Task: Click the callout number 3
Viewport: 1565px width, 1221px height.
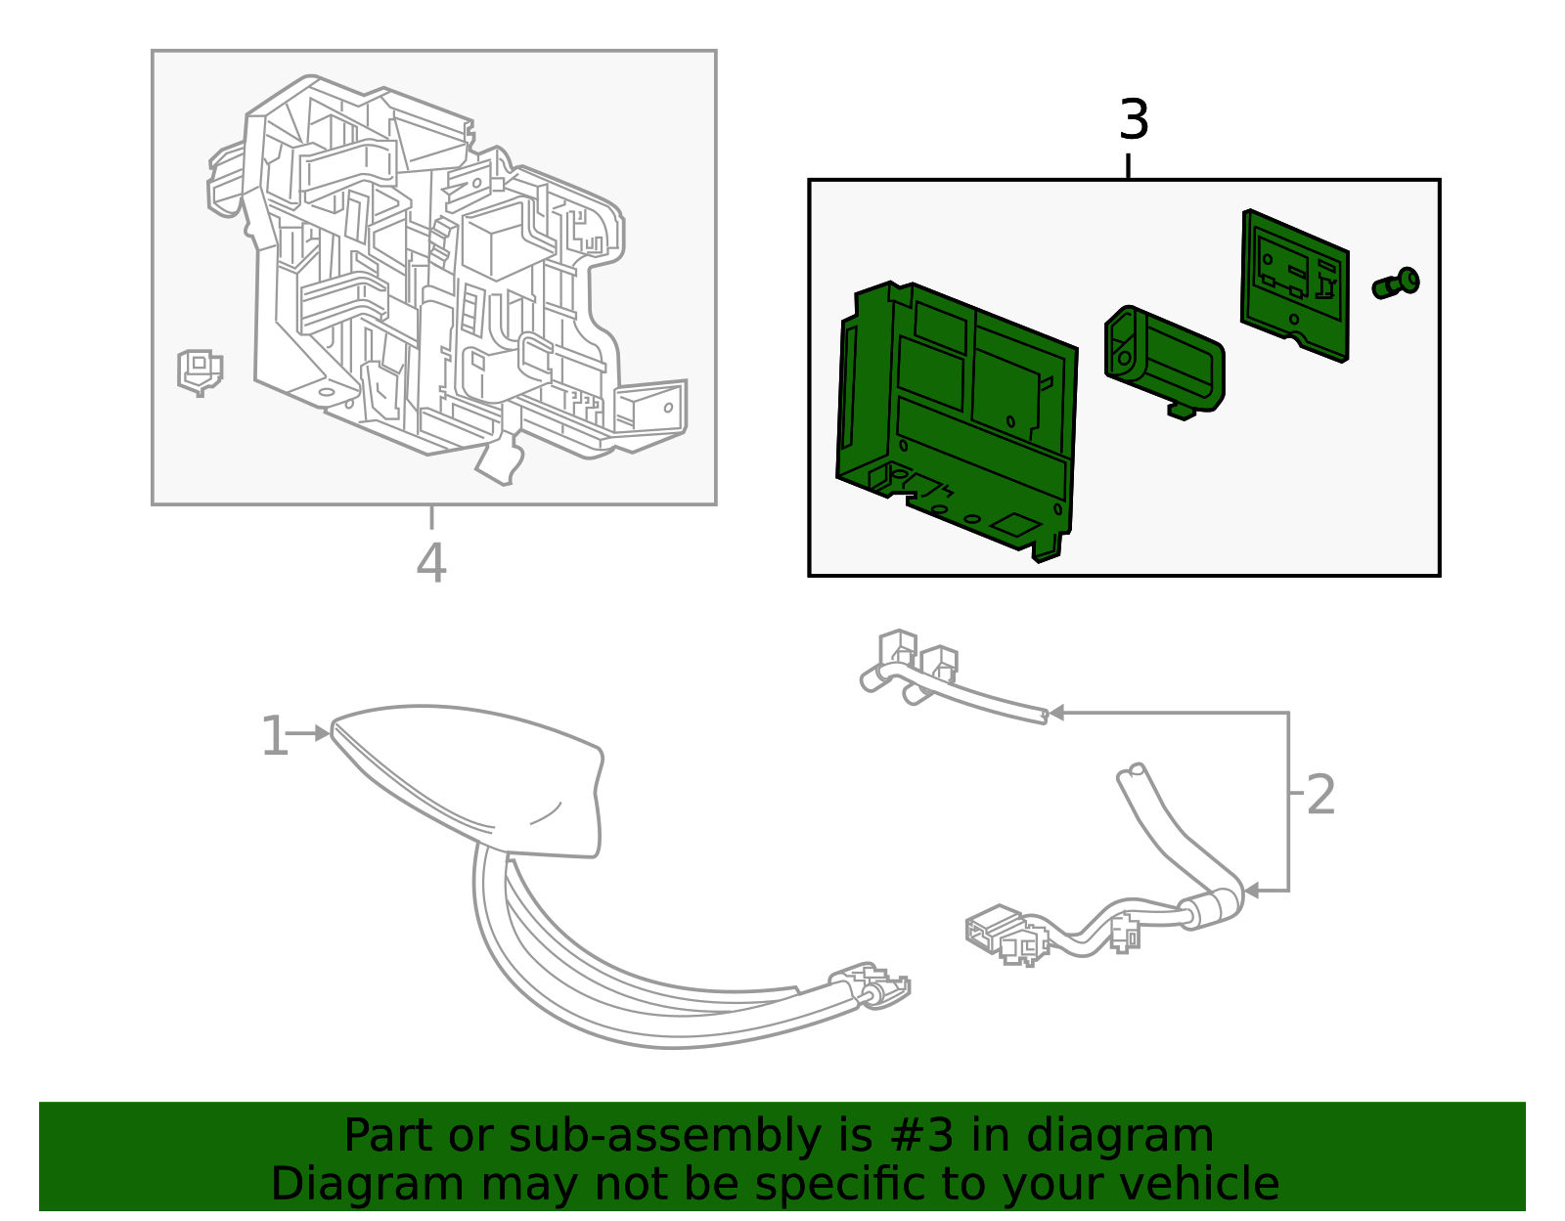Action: (x=1133, y=120)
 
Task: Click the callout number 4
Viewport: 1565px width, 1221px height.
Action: (x=431, y=563)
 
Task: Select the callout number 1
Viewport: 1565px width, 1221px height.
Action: (x=273, y=736)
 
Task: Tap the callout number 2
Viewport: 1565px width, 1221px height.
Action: (x=1319, y=795)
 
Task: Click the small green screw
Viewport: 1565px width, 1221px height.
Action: (x=1396, y=283)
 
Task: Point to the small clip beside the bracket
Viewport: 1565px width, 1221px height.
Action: (x=200, y=371)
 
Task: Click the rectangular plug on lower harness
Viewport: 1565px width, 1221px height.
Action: (x=992, y=928)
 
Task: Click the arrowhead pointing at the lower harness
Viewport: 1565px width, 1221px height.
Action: (x=1251, y=891)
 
